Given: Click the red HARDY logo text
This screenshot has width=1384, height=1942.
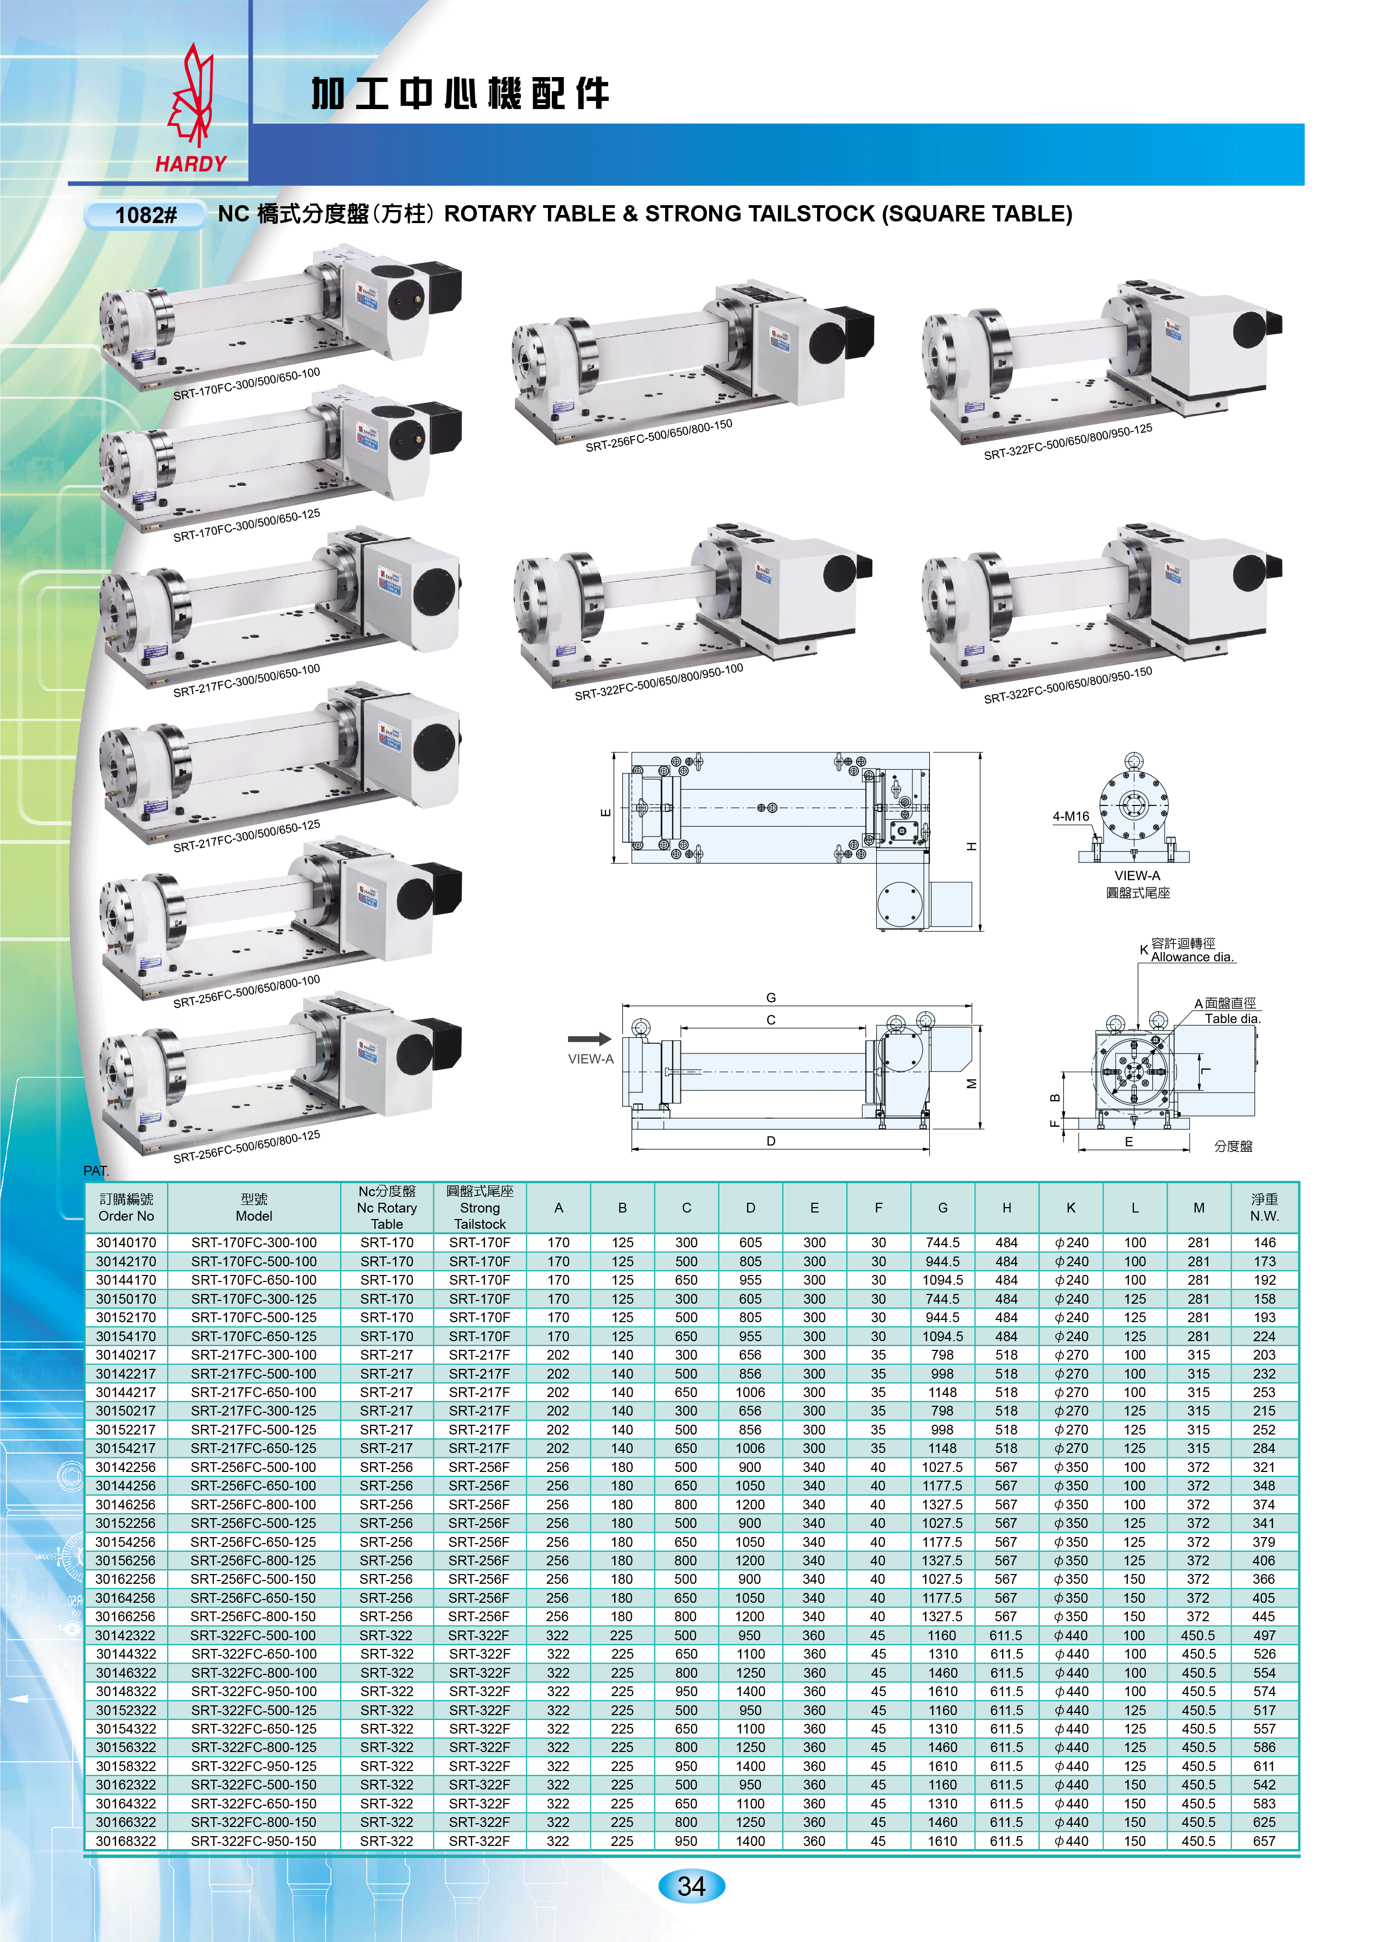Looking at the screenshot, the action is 191,164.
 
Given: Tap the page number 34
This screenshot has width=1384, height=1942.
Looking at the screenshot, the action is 691,1886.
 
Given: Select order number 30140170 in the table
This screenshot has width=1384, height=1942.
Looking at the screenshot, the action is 126,1242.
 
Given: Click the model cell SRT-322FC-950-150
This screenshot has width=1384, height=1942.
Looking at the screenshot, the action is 254,1841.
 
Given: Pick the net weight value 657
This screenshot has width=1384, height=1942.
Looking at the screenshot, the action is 1264,1841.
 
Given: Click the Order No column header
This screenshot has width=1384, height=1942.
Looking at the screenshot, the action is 126,1207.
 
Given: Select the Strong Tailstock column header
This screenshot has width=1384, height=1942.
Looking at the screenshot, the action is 480,1207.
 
